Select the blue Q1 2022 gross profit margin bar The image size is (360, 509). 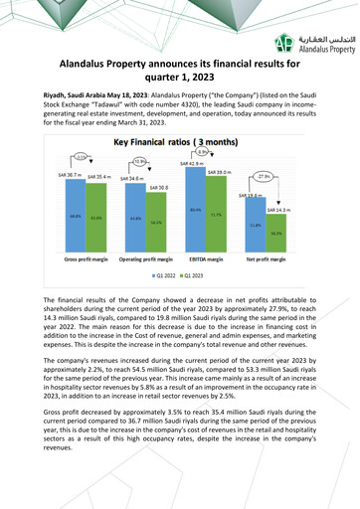click(75, 217)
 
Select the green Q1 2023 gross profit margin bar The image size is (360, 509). click(95, 219)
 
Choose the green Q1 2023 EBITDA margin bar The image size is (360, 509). click(217, 213)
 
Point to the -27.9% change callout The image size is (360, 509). click(264, 176)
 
